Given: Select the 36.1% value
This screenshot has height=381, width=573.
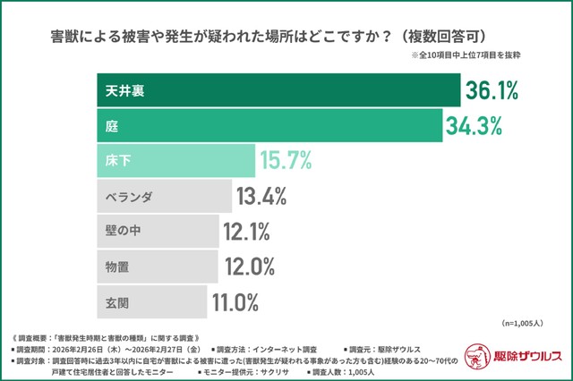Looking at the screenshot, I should [492, 90].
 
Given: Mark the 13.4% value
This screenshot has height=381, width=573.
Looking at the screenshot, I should [261, 196].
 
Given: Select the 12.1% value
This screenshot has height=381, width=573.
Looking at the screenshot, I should [246, 232].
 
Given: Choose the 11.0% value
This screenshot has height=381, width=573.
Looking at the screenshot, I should [235, 301].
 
